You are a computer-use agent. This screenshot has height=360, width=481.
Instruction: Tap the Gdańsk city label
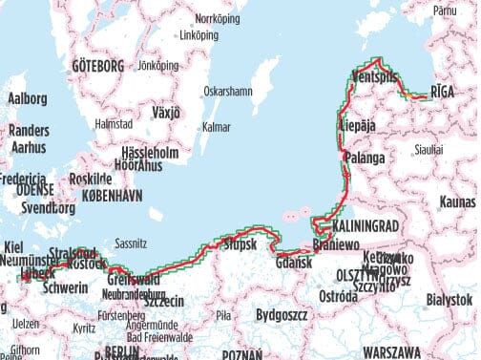tap(294, 263)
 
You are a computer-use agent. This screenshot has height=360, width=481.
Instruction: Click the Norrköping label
tap(215, 18)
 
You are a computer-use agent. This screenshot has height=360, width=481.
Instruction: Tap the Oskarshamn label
tap(228, 93)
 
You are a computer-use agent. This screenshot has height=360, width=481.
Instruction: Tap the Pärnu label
tap(445, 11)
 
